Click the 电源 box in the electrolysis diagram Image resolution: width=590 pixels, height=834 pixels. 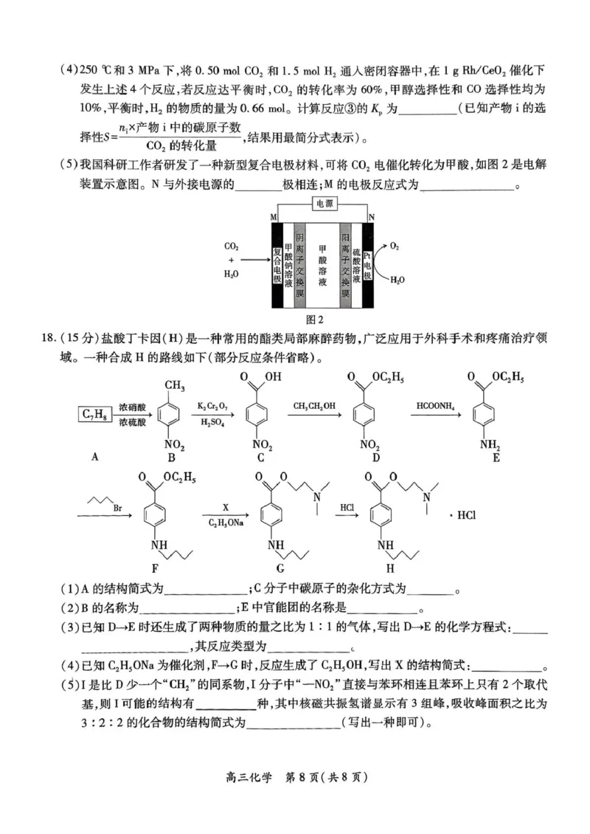(x=324, y=202)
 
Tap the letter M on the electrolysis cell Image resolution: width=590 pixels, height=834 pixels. (x=274, y=218)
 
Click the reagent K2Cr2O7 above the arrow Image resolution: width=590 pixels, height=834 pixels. (x=212, y=406)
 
